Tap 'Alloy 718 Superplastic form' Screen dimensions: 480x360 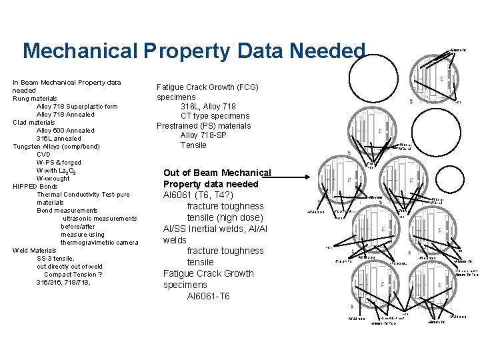coord(77,107)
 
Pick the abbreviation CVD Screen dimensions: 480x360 coord(44,155)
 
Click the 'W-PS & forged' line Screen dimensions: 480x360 coord(59,163)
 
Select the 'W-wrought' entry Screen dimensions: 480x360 coord(53,179)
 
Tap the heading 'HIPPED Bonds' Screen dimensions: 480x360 coord(35,187)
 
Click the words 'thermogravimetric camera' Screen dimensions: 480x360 coord(99,243)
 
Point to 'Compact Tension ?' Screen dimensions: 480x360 coord(73,275)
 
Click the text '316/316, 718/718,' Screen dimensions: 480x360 coord(64,283)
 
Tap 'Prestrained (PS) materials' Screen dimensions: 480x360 coord(203,126)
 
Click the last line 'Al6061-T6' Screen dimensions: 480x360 coord(209,296)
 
